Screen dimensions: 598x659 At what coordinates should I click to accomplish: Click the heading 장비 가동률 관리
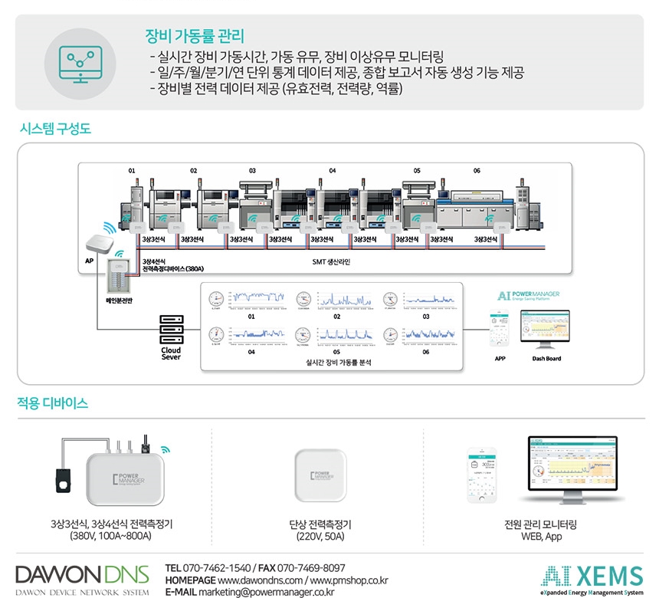195,35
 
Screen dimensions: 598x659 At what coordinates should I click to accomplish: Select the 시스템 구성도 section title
54,129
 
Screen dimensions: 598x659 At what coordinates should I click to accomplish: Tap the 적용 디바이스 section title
53,402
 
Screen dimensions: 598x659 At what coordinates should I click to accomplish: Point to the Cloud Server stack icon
171,330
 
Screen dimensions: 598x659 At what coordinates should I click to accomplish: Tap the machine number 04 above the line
332,170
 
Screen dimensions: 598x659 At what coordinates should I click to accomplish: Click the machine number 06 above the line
477,170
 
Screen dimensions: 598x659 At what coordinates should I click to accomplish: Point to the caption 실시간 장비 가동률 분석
333,363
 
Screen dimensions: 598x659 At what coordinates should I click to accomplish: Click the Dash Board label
546,359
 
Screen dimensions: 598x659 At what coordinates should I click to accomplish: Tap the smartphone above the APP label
500,329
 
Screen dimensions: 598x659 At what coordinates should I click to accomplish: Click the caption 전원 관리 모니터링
540,525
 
